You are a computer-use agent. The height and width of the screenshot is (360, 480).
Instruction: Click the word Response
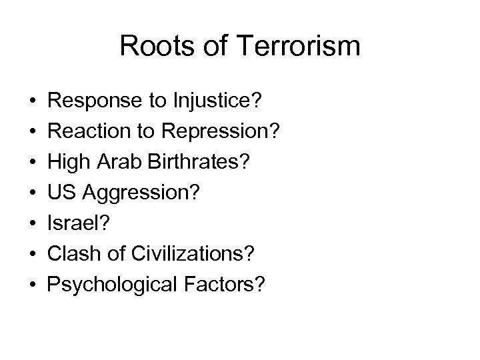(93, 104)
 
